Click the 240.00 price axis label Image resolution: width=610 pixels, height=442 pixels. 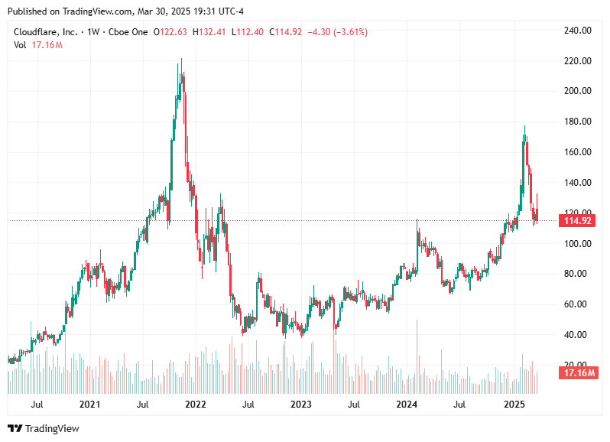coord(577,31)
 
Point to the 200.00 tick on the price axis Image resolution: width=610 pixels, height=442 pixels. coord(577,91)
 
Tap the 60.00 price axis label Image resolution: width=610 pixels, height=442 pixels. coord(577,304)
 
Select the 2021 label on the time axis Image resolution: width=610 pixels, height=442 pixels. coord(90,404)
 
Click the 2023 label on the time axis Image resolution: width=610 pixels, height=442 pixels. coord(301,404)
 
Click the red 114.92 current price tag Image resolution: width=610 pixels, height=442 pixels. coord(577,221)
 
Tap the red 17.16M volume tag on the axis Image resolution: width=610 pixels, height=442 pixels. coord(577,373)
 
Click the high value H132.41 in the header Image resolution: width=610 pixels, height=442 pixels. coord(209,32)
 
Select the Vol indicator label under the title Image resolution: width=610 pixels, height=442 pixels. coord(20,46)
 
